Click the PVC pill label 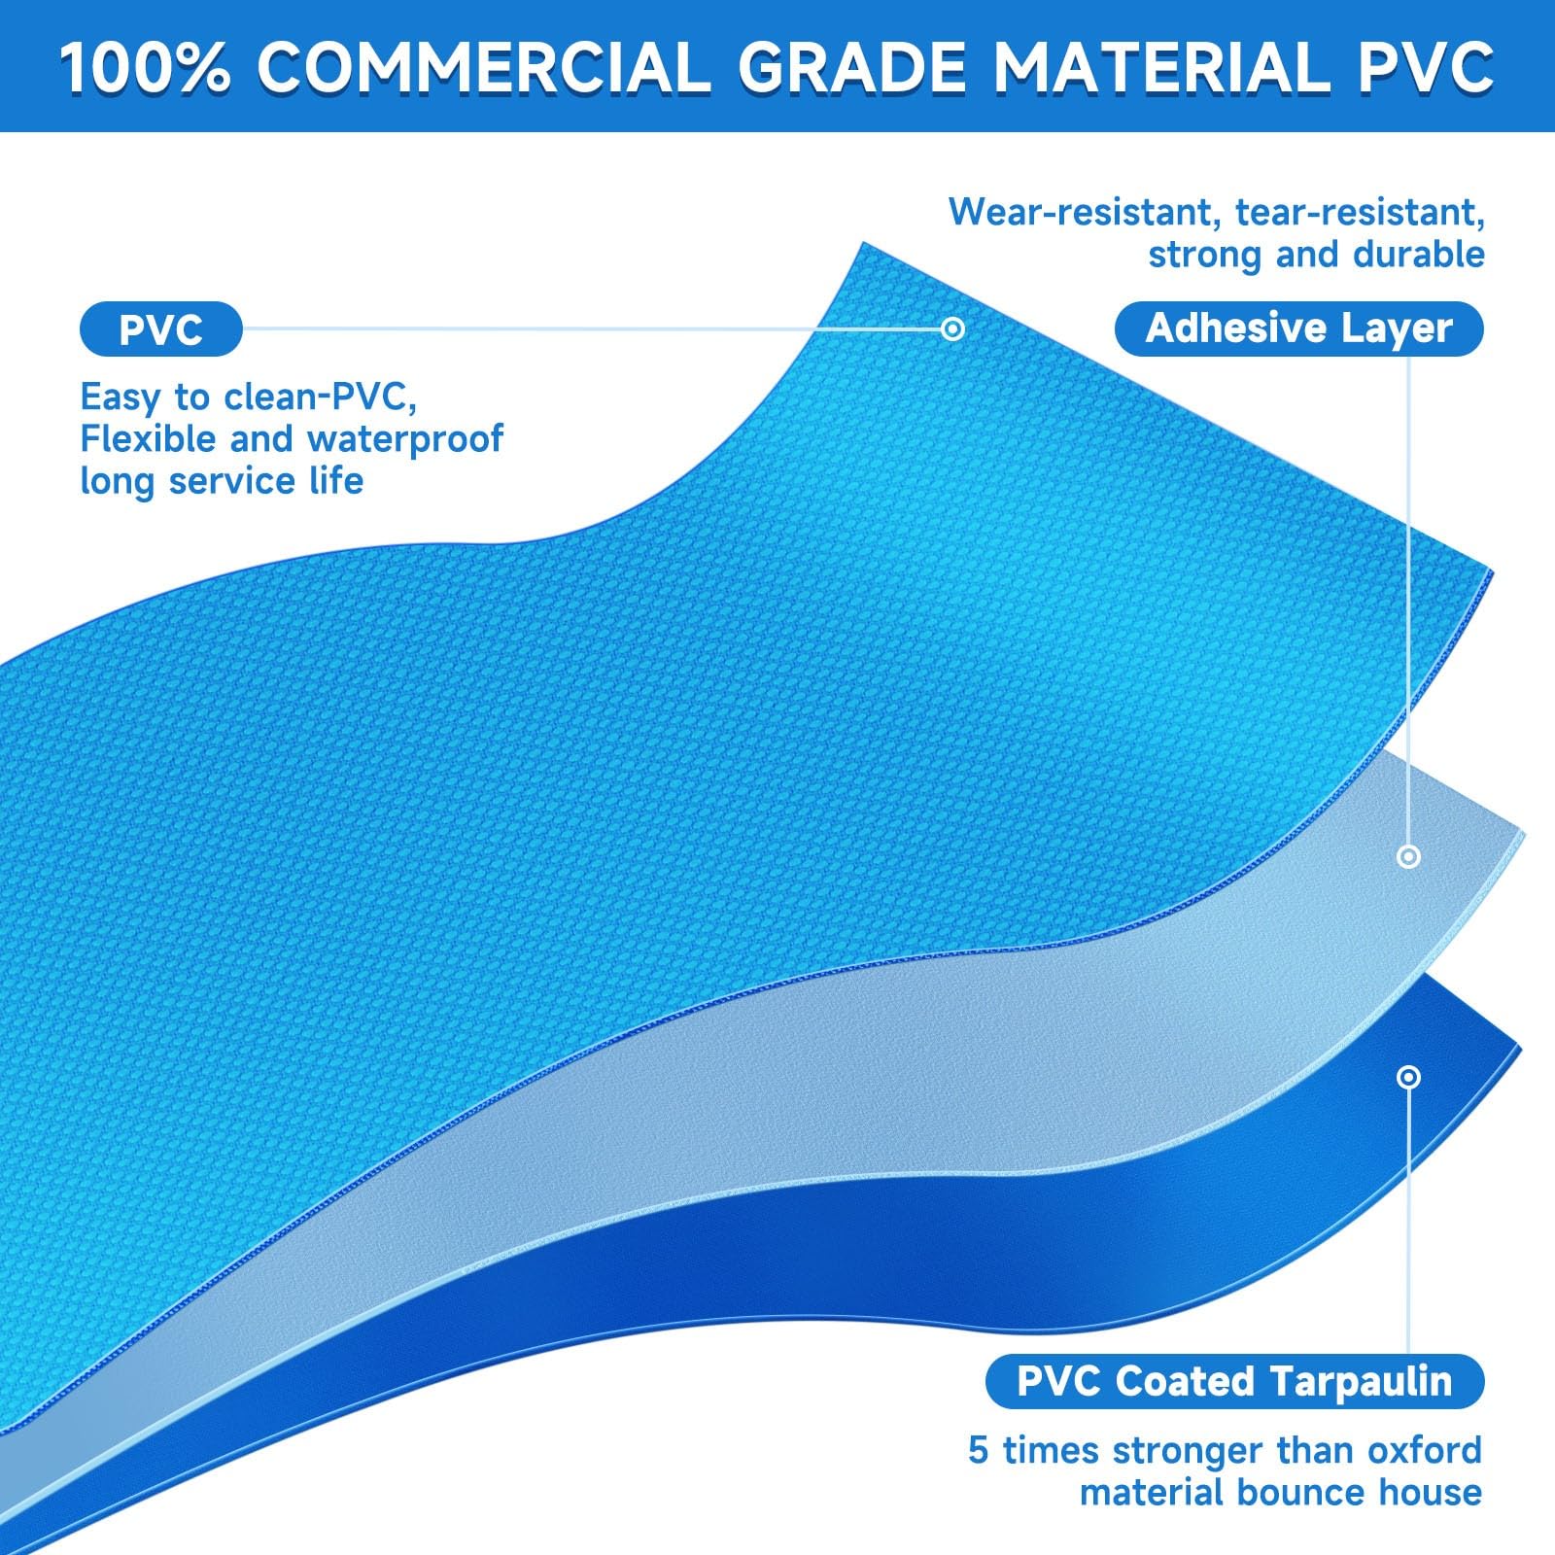pos(160,329)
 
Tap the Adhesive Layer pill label pos(1298,328)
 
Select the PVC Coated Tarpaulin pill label pos(1234,1381)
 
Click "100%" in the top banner pos(145,67)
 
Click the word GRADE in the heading pos(850,67)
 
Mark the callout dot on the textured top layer pos(953,328)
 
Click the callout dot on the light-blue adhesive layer pos(1408,856)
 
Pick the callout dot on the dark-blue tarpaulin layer pos(1408,1077)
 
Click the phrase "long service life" pos(222,481)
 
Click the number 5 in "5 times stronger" pos(979,1451)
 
